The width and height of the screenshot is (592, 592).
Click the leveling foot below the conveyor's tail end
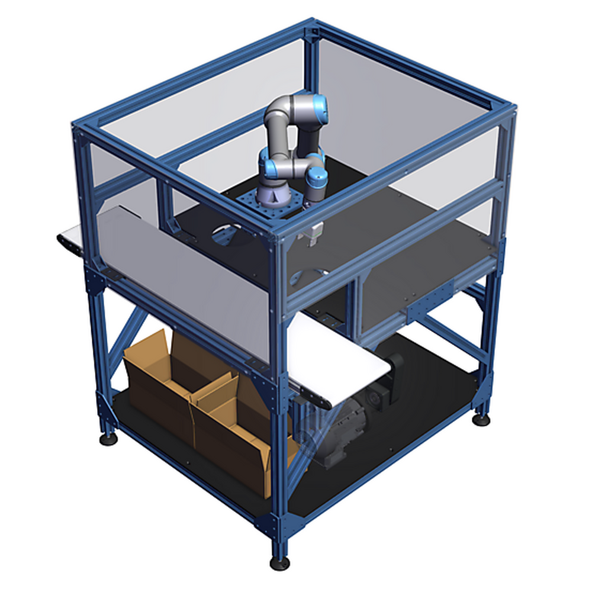[x=107, y=439]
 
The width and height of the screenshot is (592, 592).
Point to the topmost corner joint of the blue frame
[x=311, y=26]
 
